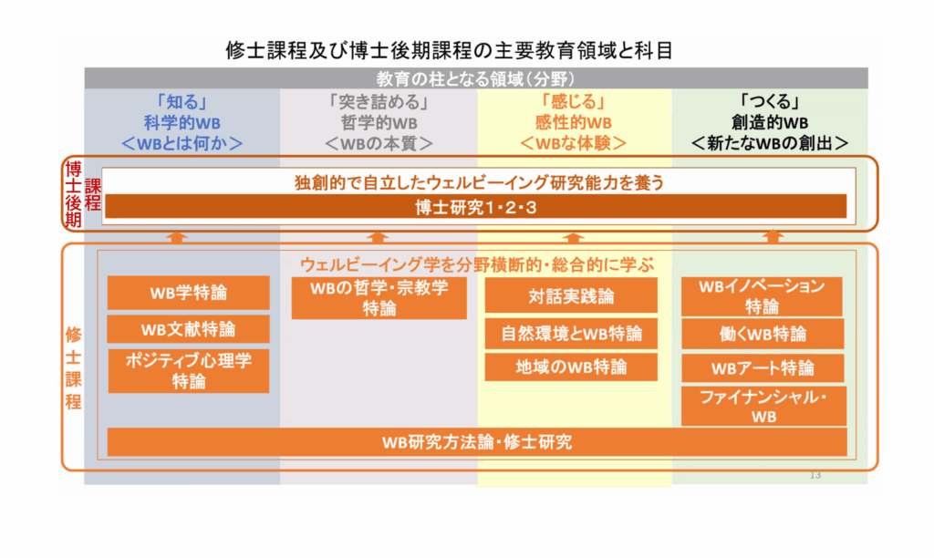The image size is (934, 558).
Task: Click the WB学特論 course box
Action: tap(188, 293)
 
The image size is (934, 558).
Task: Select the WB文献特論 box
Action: tap(188, 329)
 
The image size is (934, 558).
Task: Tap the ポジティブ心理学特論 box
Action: tap(188, 370)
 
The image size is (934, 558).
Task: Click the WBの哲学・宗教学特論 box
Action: tap(379, 298)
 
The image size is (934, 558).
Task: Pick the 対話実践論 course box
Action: tap(571, 295)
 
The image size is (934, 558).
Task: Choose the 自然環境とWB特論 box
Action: tap(571, 334)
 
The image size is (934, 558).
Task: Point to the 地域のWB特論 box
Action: tap(571, 367)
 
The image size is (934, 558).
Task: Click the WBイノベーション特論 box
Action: tap(762, 296)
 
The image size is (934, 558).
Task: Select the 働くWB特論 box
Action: tap(763, 334)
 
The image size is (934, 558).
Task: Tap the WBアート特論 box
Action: tap(763, 368)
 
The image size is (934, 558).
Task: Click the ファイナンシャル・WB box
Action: tap(763, 406)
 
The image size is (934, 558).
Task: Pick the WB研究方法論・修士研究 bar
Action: tap(477, 442)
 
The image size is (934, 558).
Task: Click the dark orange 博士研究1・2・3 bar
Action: tap(476, 207)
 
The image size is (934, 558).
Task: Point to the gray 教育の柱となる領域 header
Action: tap(476, 78)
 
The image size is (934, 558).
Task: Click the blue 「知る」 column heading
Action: tap(182, 102)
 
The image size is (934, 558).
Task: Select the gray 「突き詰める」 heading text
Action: tap(379, 102)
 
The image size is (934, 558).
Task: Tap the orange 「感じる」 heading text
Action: tap(574, 102)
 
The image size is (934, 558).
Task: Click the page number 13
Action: tap(815, 475)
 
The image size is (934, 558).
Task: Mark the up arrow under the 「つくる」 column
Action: tap(773, 236)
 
